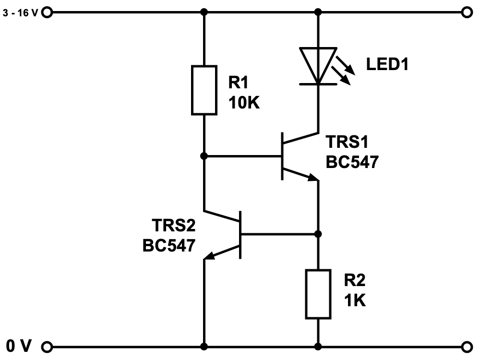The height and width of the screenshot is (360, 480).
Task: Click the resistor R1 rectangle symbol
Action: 204,91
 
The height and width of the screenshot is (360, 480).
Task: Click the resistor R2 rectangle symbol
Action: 318,294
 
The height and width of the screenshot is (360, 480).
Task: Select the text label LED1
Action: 387,64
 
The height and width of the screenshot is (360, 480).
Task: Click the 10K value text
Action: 243,102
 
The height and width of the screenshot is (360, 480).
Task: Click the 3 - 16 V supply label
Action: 20,13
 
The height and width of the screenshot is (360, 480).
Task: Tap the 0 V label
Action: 19,346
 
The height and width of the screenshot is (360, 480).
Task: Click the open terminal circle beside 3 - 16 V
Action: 47,12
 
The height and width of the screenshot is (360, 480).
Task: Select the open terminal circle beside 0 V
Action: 47,346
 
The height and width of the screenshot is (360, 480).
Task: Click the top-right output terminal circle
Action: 466,12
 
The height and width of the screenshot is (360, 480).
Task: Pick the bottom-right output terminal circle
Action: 466,346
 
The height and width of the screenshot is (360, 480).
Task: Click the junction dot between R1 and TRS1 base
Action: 204,156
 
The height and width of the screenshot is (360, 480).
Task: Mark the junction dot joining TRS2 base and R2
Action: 318,234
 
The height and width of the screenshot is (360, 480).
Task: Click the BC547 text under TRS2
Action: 169,245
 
